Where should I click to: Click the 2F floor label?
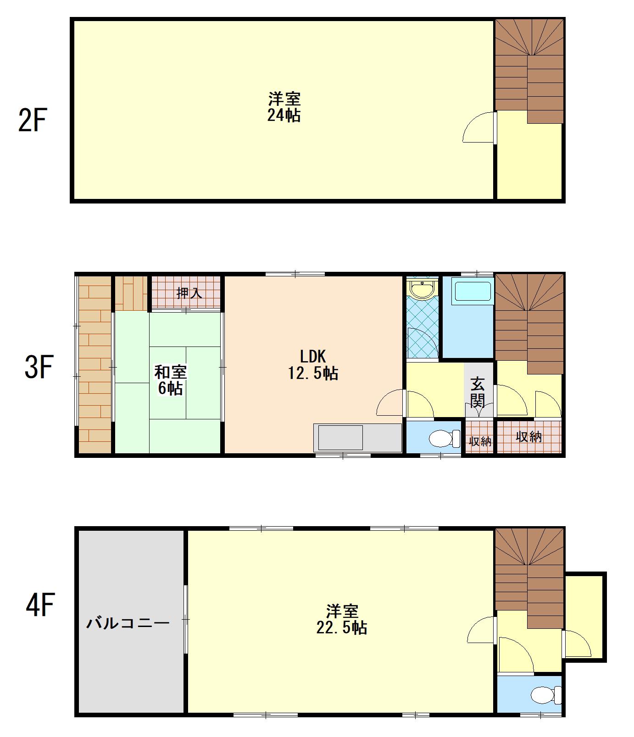pyautogui.click(x=33, y=120)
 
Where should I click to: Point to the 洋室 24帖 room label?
pyautogui.click(x=284, y=107)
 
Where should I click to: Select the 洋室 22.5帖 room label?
pyautogui.click(x=342, y=619)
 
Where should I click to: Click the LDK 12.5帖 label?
pyautogui.click(x=313, y=365)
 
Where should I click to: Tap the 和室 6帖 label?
pyautogui.click(x=170, y=380)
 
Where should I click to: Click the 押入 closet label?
pyautogui.click(x=189, y=292)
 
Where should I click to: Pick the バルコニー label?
pyautogui.click(x=129, y=623)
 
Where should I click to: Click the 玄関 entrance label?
pyautogui.click(x=478, y=392)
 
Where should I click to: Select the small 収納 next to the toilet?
pyautogui.click(x=480, y=441)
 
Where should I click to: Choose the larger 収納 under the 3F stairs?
pyautogui.click(x=529, y=436)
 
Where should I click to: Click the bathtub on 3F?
pyautogui.click(x=472, y=292)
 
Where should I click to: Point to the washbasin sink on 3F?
pyautogui.click(x=421, y=289)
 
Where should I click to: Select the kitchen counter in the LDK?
pyautogui.click(x=357, y=438)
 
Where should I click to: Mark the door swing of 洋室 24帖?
pyautogui.click(x=479, y=127)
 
